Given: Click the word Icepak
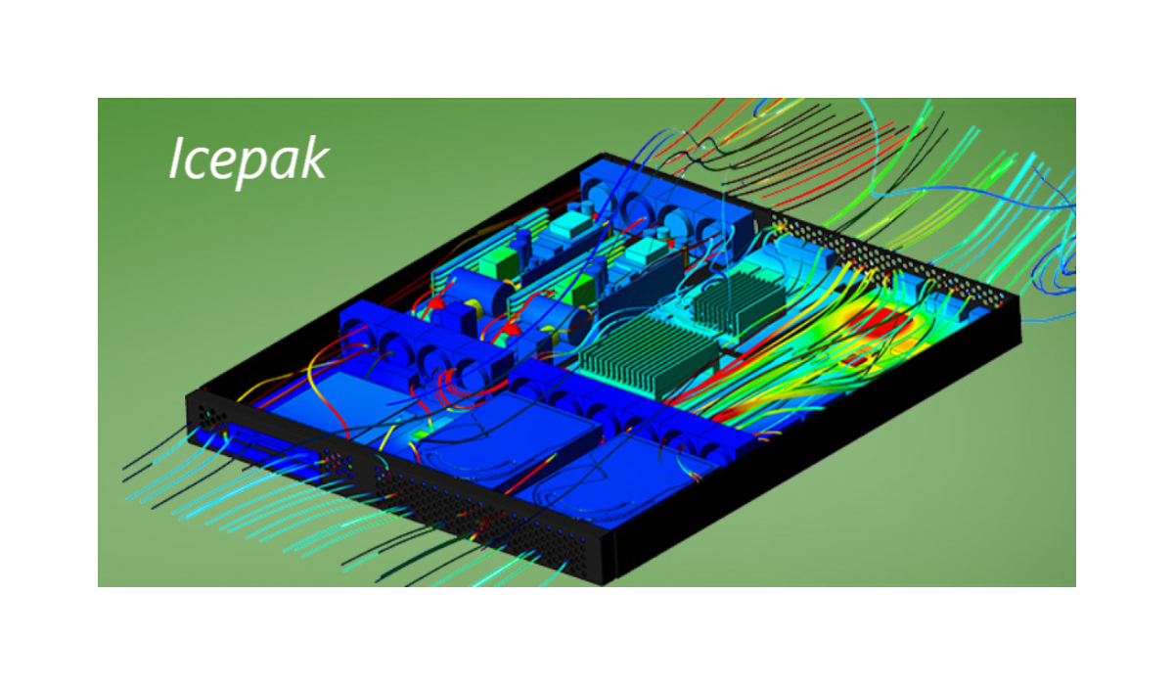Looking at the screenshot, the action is [x=248, y=160].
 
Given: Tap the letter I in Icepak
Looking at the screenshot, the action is [x=177, y=158].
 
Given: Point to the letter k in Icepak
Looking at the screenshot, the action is [x=313, y=158].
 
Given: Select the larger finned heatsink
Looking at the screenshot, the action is [x=649, y=355].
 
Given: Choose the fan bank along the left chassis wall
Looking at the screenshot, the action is [x=425, y=351].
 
